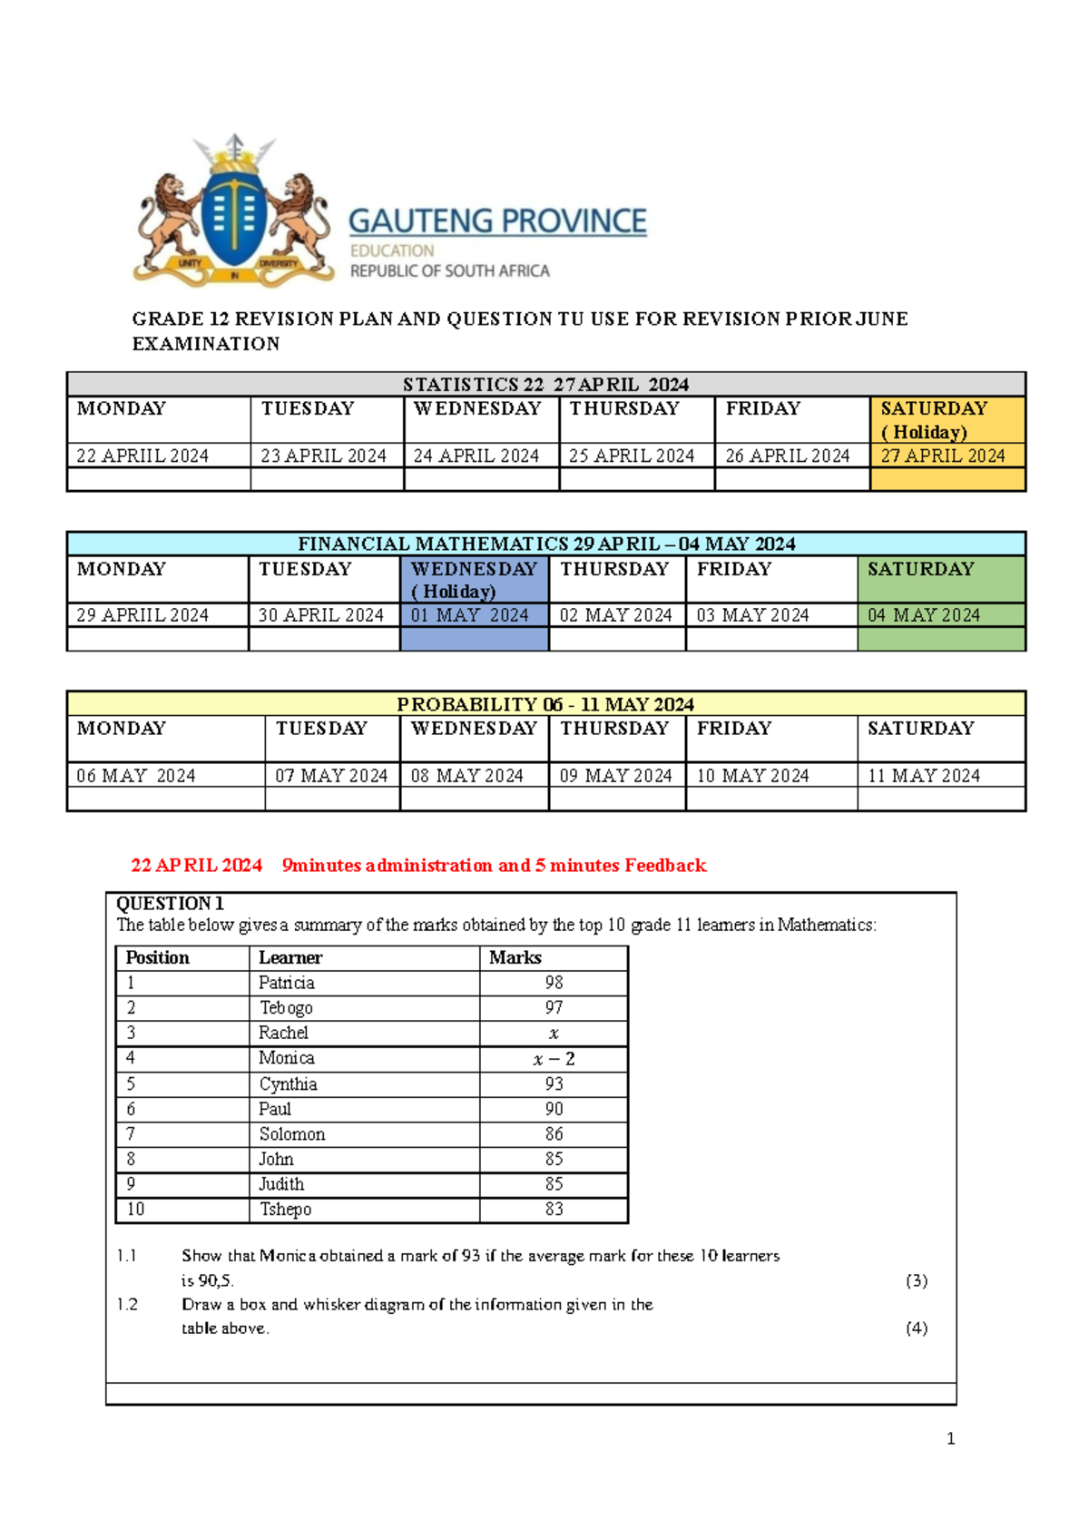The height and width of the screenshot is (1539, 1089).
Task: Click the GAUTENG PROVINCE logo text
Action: click(x=497, y=221)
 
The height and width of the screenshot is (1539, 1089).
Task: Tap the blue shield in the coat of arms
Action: click(x=233, y=219)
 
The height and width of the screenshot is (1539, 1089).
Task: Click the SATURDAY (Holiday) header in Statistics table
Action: click(x=934, y=419)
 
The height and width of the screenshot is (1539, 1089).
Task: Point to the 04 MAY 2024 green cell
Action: click(x=924, y=615)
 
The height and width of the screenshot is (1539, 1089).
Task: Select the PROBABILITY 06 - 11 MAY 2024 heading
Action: click(x=545, y=704)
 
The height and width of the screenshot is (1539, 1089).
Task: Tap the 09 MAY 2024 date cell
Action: click(x=615, y=776)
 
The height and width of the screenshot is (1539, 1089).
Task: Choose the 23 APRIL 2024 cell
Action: click(x=324, y=456)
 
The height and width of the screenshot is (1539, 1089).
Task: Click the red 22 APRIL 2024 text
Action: click(x=196, y=865)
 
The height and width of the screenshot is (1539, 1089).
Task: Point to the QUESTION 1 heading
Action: click(x=170, y=903)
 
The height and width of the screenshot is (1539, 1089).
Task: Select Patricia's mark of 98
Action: click(x=554, y=983)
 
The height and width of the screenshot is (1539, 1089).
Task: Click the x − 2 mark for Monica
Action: click(x=554, y=1059)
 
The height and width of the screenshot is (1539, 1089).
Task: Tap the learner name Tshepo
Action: click(x=285, y=1209)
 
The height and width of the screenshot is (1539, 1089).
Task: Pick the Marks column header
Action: click(x=515, y=957)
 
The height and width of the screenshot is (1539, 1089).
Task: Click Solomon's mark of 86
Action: click(x=554, y=1134)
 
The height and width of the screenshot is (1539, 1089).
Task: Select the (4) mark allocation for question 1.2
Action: click(x=917, y=1328)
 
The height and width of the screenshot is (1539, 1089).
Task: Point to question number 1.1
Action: click(x=126, y=1256)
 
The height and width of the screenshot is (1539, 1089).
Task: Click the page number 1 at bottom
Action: click(x=950, y=1438)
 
